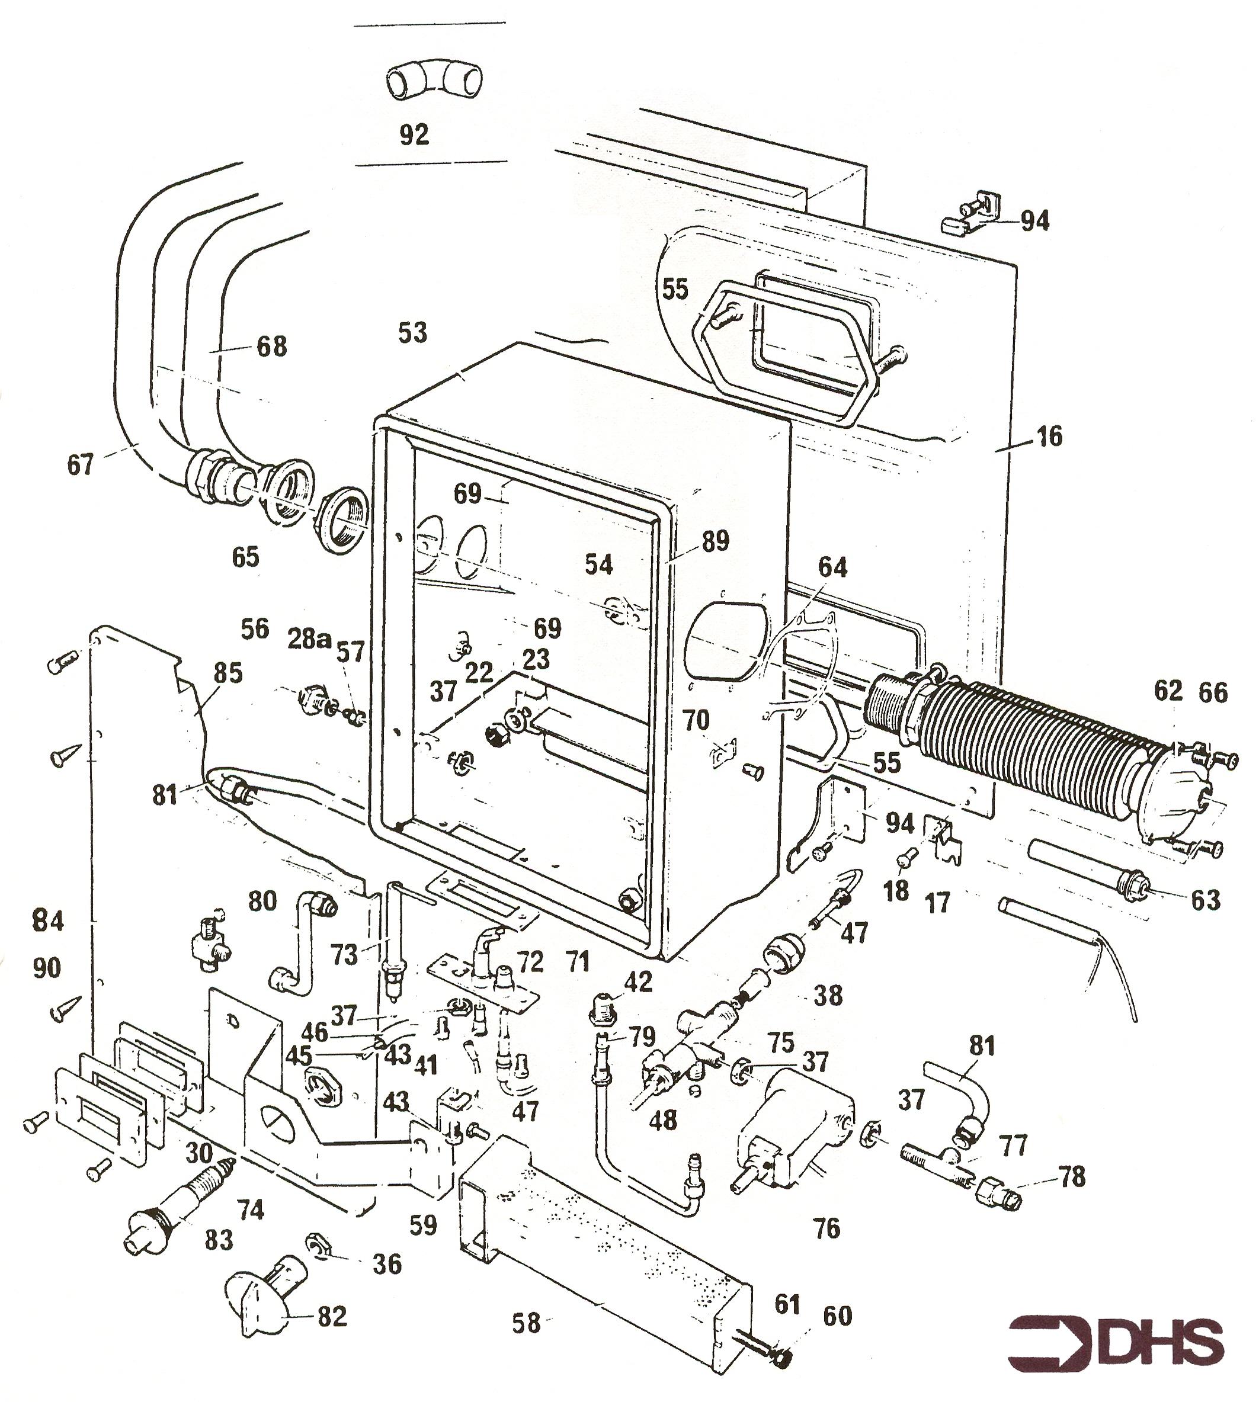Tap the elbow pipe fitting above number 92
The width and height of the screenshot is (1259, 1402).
coord(434,80)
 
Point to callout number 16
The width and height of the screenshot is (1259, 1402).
coord(1049,437)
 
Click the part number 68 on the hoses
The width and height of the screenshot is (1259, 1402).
coord(271,347)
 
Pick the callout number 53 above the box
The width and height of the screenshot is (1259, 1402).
coord(413,333)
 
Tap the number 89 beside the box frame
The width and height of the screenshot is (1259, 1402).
coord(715,541)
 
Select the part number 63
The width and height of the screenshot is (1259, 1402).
coord(1205,900)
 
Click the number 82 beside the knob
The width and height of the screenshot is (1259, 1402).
coord(331,1316)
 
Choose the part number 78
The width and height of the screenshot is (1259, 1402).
coord(1072,1176)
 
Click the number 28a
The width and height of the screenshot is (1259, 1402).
coord(309,640)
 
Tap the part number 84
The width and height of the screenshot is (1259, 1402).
coord(48,921)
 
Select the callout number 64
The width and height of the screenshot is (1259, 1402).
coord(832,568)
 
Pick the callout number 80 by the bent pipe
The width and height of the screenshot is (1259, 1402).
coord(262,901)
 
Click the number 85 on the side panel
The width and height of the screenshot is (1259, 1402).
coord(228,673)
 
